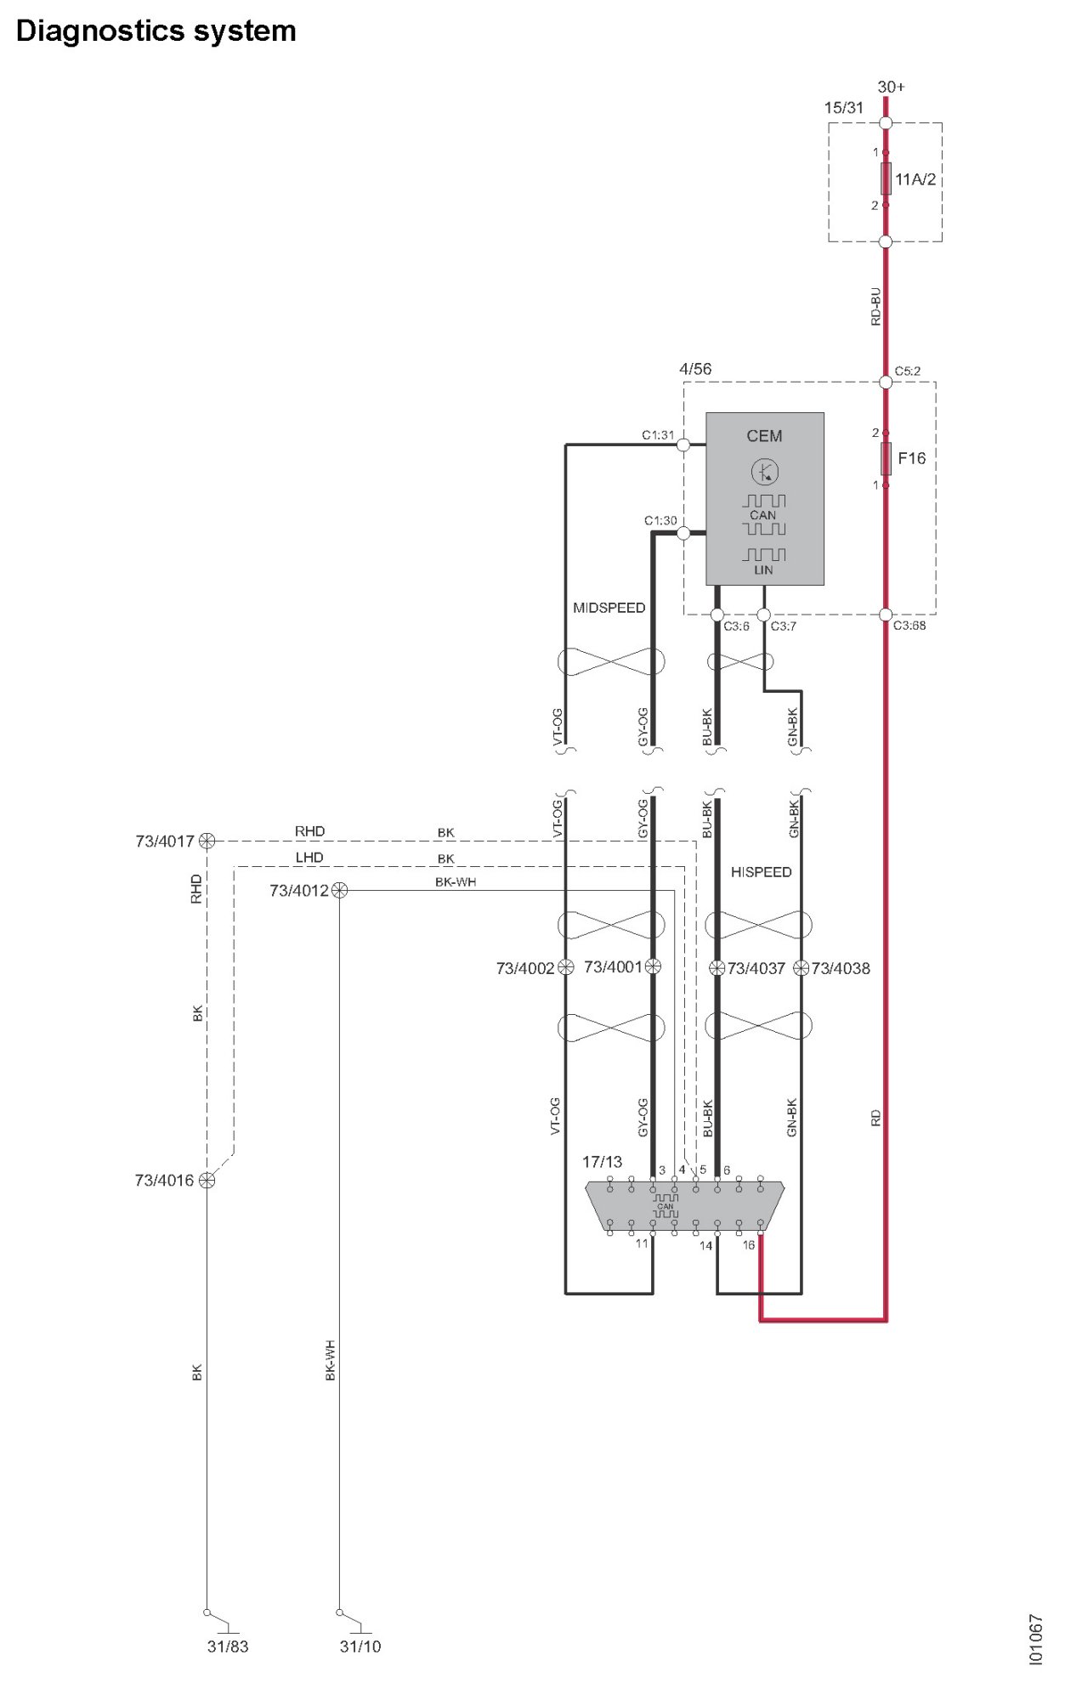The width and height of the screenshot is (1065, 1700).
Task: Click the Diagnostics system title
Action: [x=156, y=31]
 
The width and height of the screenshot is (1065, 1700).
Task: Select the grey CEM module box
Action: [x=764, y=499]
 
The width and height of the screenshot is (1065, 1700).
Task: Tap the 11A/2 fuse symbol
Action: [x=886, y=178]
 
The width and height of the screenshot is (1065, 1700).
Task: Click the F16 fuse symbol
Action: [x=886, y=458]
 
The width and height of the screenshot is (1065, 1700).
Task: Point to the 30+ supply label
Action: [x=891, y=87]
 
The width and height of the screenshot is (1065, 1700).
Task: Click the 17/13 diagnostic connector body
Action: [x=684, y=1205]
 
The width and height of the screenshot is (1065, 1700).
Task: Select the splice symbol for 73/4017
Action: [x=207, y=841]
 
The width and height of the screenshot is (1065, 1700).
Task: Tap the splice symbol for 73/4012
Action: [x=339, y=890]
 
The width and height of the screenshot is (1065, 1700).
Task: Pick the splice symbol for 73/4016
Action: [x=207, y=1180]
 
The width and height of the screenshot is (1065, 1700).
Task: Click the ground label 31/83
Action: [x=228, y=1646]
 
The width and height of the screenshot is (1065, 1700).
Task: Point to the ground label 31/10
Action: [x=360, y=1646]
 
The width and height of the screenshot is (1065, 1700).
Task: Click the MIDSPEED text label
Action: [x=609, y=608]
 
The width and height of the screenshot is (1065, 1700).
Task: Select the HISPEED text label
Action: [x=761, y=872]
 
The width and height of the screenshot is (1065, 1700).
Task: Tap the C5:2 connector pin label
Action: [x=907, y=371]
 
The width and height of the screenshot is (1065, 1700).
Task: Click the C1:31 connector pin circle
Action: [x=683, y=444]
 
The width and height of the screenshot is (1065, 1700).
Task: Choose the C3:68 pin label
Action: [x=909, y=626]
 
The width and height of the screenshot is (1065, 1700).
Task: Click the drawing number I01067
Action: [x=1034, y=1640]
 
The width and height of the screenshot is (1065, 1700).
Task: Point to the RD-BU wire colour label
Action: [x=875, y=306]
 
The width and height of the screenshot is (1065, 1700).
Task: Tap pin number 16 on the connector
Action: [x=748, y=1245]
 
